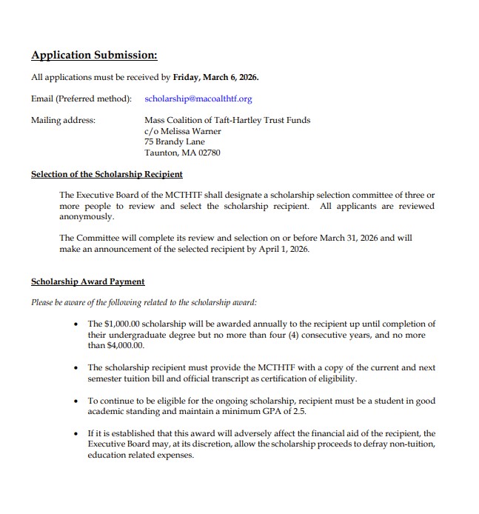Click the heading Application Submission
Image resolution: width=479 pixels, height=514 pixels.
[94, 56]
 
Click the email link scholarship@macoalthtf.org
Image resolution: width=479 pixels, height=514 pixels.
[198, 99]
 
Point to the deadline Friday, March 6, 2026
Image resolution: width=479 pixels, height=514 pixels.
[215, 76]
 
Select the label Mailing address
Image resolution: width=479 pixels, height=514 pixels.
[63, 120]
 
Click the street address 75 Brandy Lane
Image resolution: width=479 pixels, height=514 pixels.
[175, 142]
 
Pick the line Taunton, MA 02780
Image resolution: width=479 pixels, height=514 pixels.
[182, 153]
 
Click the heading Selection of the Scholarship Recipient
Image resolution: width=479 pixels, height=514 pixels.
[107, 175]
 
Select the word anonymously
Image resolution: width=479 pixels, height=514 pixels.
[87, 217]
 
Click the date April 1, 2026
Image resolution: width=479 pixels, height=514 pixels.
[281, 250]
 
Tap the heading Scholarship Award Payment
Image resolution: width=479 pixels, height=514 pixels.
[87, 281]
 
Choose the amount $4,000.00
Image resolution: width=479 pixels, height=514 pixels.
[126, 346]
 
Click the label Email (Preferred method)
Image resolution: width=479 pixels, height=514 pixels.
[81, 99]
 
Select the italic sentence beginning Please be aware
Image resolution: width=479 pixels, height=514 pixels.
[144, 302]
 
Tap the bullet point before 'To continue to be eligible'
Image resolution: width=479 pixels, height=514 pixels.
[77, 400]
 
